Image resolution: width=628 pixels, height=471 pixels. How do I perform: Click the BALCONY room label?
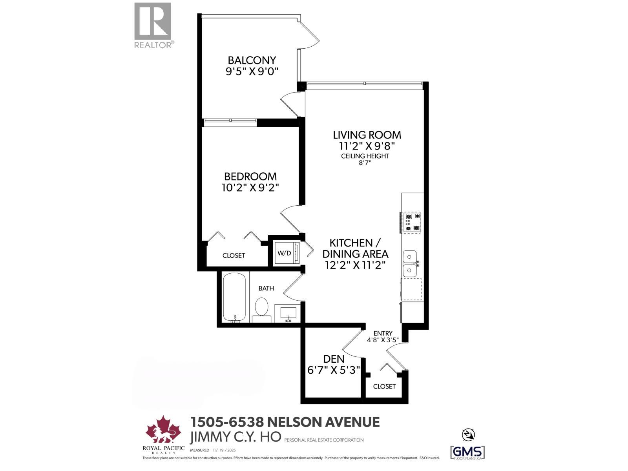point(252,60)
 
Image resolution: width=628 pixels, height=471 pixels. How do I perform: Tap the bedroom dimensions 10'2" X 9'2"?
point(250,188)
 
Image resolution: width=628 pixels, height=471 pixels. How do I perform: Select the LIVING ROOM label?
point(367,135)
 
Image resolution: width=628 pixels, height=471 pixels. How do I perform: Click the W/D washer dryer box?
point(285,253)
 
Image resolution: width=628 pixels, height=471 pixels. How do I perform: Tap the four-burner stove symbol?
point(411,222)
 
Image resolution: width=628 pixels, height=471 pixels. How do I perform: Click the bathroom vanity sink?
point(288,313)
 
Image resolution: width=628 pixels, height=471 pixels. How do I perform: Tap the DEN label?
point(334,359)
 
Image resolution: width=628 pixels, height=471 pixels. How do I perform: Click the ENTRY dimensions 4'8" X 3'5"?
point(383,340)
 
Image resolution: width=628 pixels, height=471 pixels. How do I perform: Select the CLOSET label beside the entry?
point(384,386)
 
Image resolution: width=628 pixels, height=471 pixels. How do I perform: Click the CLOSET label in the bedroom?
point(234,256)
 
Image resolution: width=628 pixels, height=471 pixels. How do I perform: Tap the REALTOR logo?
point(153,25)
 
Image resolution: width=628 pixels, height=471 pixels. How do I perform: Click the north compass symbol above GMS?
point(467,434)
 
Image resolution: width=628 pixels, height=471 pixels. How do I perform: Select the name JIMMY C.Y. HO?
point(235,437)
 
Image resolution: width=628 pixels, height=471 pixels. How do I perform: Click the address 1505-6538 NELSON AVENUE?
point(285,422)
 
